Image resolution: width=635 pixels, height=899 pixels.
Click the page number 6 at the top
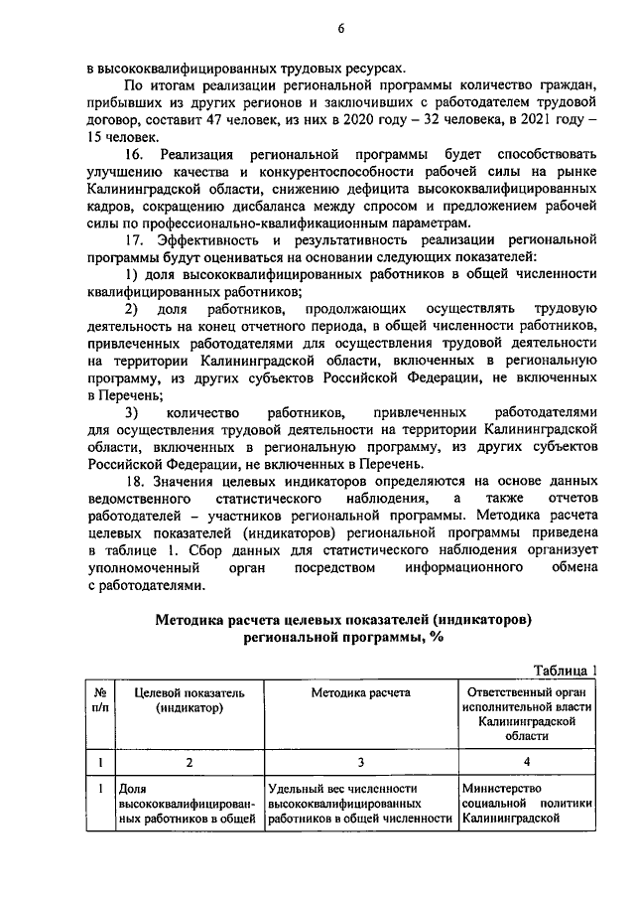[x=339, y=28]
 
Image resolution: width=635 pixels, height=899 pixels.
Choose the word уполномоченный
[x=143, y=568]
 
